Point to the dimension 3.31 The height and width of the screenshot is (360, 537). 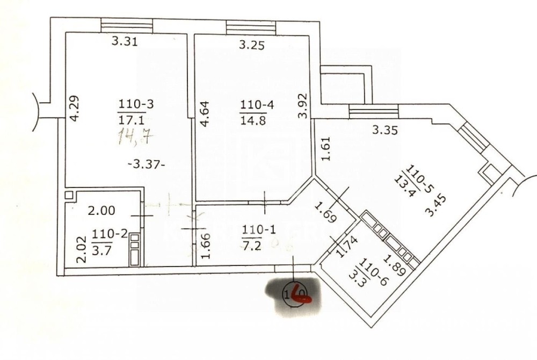(x=125, y=41)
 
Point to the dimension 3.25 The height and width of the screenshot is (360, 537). (x=251, y=46)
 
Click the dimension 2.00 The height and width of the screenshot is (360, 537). (x=101, y=211)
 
